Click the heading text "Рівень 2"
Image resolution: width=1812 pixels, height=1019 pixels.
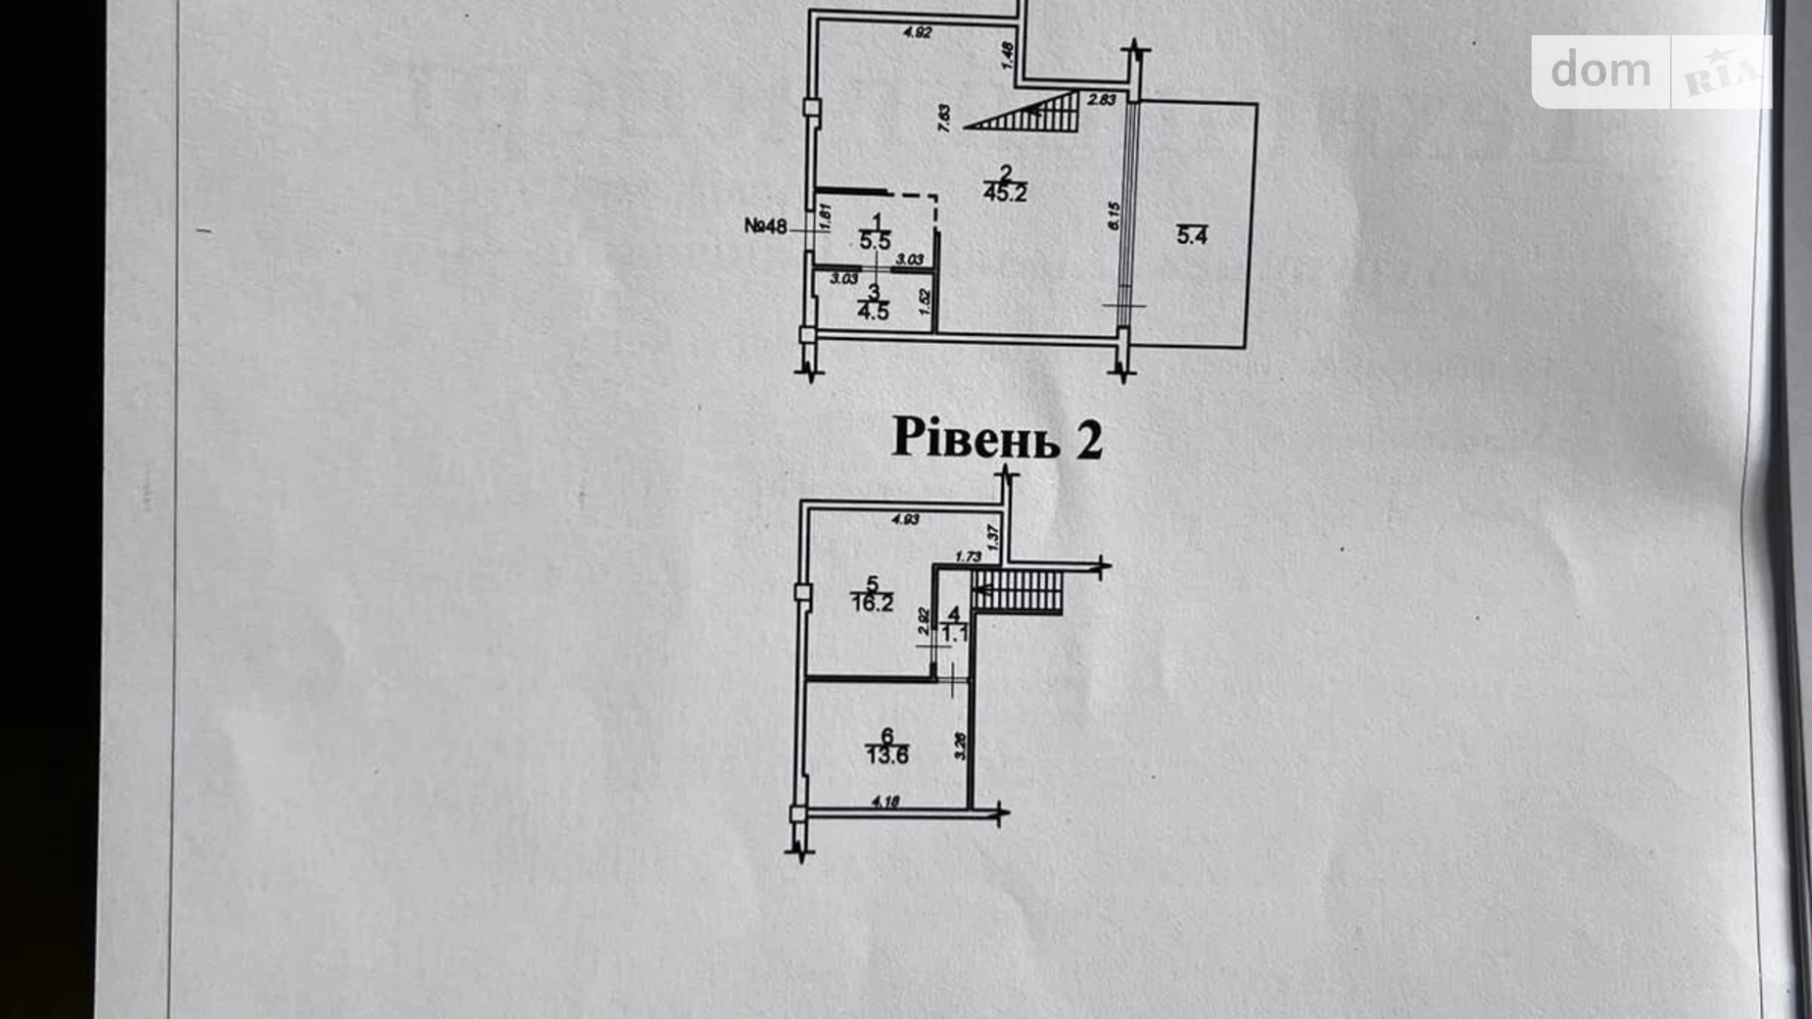click(997, 440)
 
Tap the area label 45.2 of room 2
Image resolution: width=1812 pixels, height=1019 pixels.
click(1005, 193)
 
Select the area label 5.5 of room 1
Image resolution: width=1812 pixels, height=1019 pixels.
click(875, 241)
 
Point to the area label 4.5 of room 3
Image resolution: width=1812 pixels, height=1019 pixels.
click(873, 313)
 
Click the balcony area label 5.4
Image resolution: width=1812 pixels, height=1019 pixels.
click(1191, 236)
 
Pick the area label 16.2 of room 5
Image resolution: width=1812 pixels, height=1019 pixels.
click(872, 604)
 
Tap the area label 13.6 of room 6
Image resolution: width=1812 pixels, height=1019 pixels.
click(886, 755)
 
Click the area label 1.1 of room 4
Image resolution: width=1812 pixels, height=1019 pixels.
click(954, 634)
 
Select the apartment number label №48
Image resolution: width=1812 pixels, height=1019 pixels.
click(765, 227)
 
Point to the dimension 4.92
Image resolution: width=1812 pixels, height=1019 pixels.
click(917, 32)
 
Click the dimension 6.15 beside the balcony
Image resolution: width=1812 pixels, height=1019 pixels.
click(1114, 216)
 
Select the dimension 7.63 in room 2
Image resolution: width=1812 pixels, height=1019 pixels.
click(944, 119)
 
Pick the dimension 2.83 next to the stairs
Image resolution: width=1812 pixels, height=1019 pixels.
click(1102, 99)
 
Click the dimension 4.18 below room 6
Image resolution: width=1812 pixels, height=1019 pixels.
click(884, 802)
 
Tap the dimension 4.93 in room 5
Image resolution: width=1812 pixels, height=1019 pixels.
click(905, 519)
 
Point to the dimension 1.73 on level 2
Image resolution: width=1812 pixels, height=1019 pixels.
click(968, 557)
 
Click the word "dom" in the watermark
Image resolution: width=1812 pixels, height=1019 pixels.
click(1600, 71)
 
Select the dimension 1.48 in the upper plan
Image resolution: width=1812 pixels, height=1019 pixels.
click(1008, 55)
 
